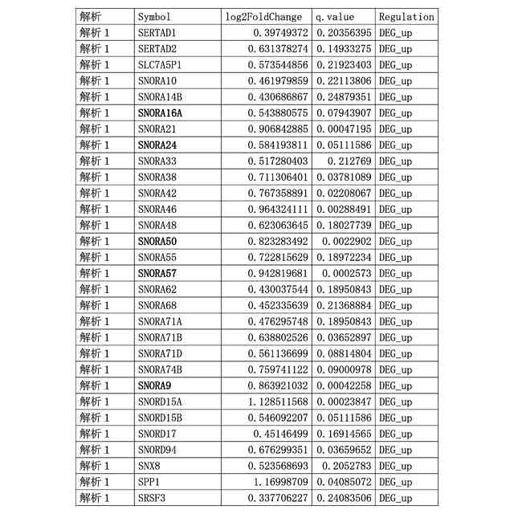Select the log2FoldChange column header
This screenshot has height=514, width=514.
264,16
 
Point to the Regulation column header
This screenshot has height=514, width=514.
406,16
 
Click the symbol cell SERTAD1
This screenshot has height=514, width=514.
157,32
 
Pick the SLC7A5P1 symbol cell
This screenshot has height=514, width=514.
160,64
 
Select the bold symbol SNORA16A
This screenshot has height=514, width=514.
160,112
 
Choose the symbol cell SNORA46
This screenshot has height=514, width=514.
157,209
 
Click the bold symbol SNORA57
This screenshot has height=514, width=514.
157,273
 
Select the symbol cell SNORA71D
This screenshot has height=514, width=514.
160,353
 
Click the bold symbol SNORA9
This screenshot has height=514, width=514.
154,385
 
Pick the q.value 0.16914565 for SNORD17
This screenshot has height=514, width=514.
343,434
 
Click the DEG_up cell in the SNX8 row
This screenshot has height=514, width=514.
395,466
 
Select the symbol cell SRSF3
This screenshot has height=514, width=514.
152,498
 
